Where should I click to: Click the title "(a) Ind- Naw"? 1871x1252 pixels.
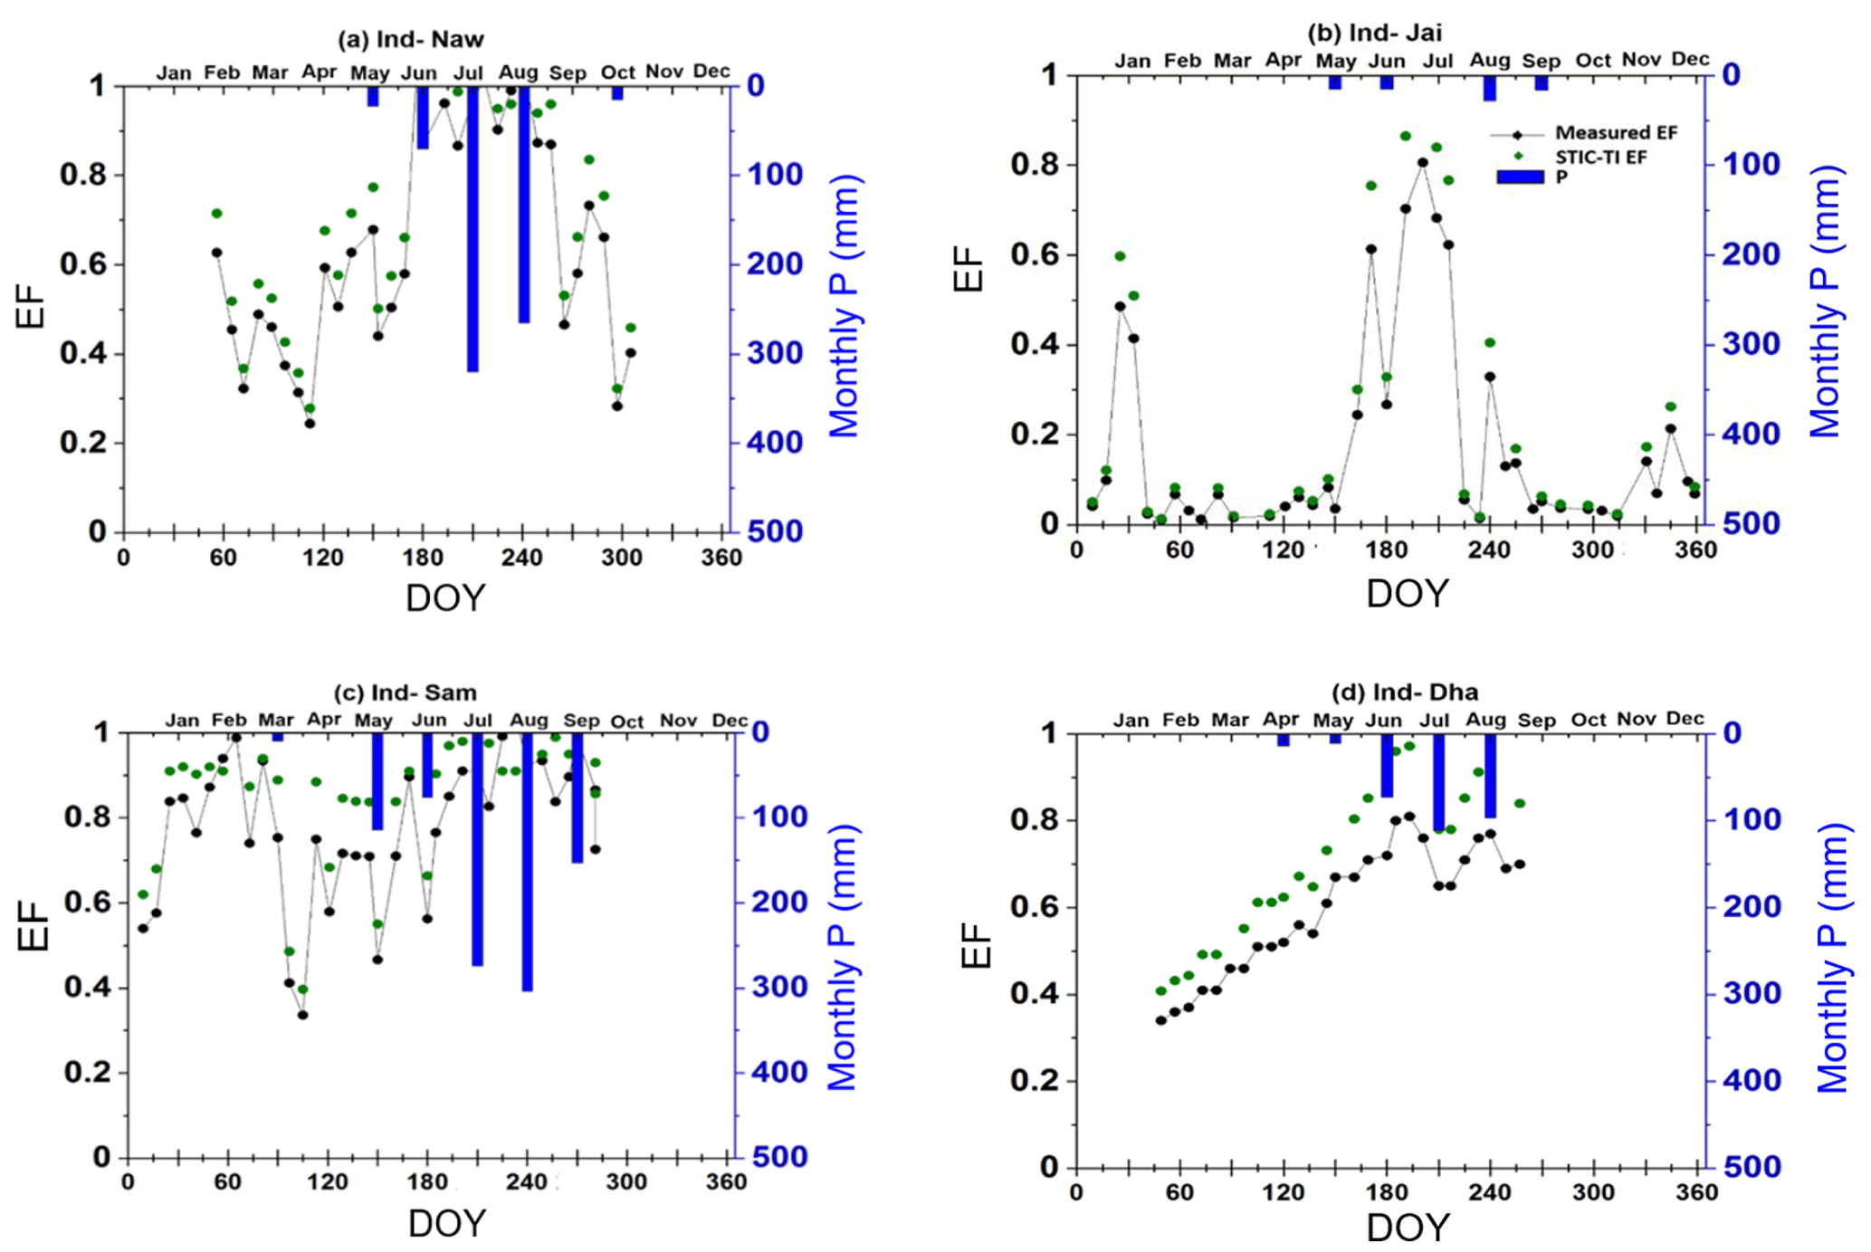[410, 40]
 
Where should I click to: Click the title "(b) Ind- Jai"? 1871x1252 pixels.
[1374, 33]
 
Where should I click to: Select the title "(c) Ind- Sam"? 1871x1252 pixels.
[405, 693]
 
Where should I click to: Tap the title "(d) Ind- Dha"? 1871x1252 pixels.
[1404, 693]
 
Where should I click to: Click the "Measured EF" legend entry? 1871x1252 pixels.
[1616, 133]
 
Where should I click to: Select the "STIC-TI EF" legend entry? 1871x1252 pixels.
[1600, 158]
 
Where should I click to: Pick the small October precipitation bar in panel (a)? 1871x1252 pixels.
[617, 93]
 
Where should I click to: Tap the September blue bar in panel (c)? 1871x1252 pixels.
[578, 797]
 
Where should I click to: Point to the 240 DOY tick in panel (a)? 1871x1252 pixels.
[522, 558]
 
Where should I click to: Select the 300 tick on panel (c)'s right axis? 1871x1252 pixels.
[779, 987]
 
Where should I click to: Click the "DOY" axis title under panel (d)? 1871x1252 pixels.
[1407, 1228]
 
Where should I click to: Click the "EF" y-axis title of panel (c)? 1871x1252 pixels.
[33, 924]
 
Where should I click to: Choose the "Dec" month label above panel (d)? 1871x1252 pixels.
[1685, 719]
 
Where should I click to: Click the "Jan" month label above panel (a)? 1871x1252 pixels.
[173, 72]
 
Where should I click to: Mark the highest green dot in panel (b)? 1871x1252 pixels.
[1406, 136]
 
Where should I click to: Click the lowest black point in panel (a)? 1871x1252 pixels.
[310, 423]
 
